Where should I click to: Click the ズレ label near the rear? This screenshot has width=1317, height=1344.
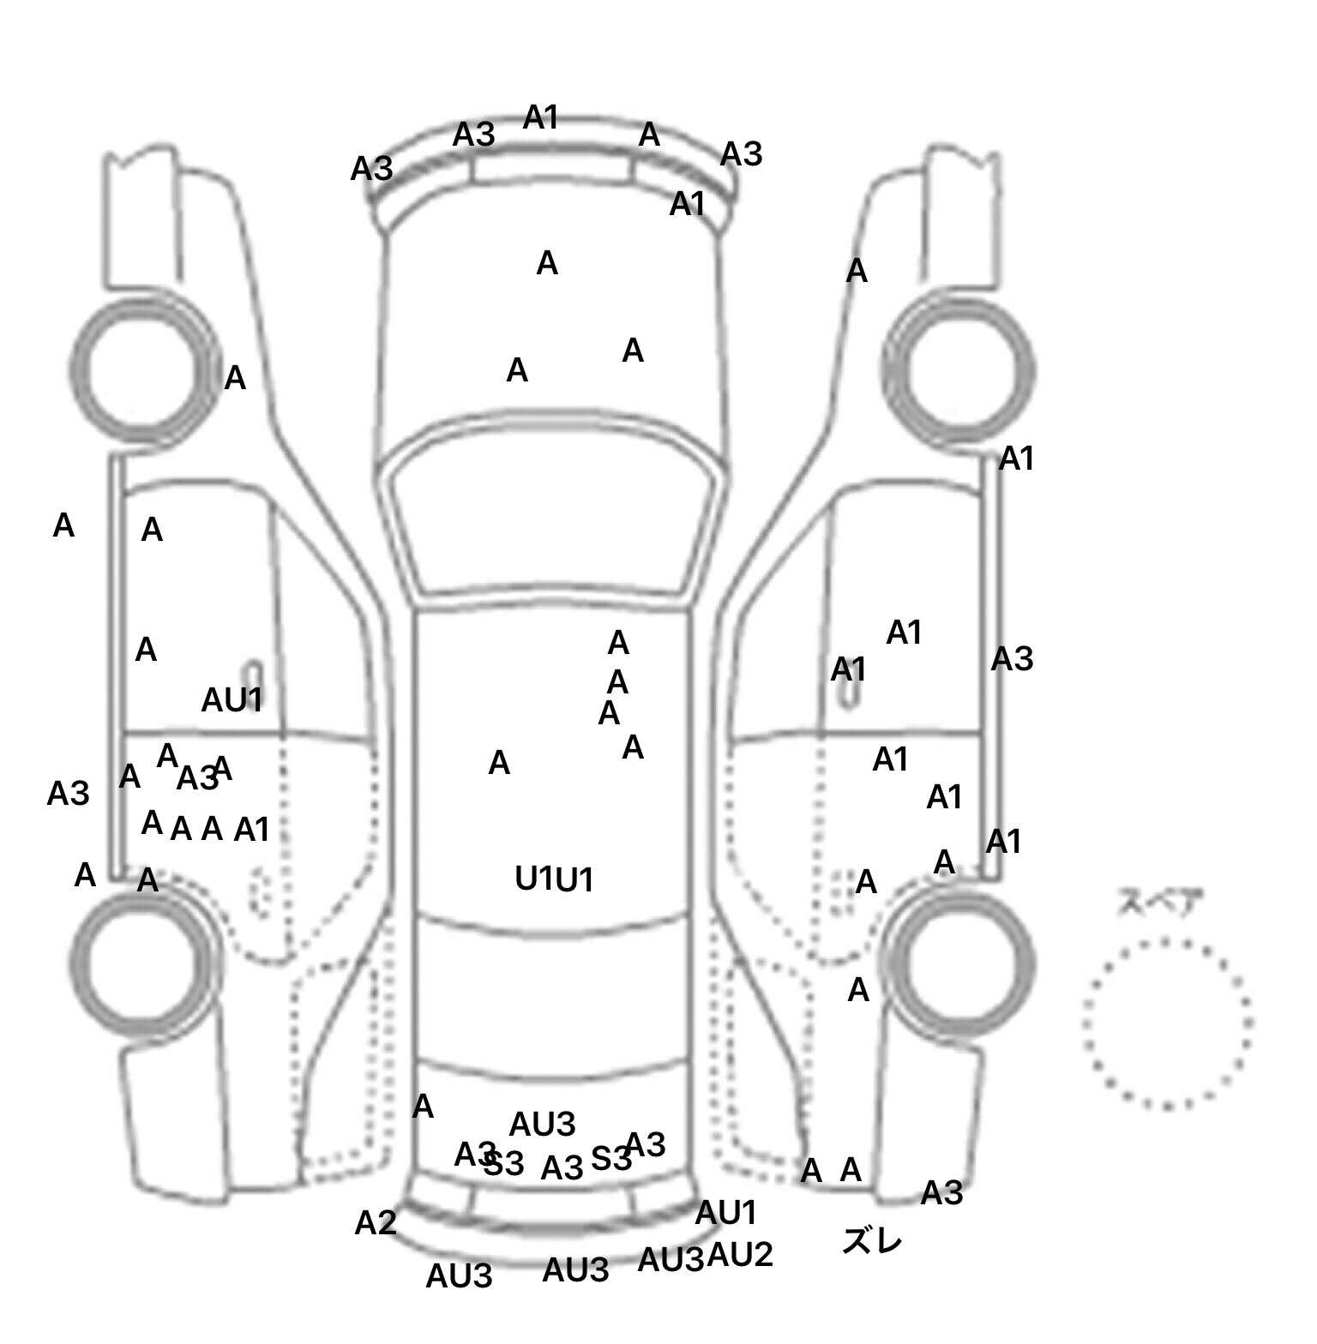click(x=872, y=1240)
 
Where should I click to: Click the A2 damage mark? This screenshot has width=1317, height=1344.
click(x=376, y=1223)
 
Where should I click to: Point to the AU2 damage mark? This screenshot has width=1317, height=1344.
click(x=740, y=1255)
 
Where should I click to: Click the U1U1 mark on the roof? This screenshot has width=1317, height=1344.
click(x=554, y=879)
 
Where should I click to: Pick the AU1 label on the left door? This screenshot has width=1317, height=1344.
click(x=232, y=700)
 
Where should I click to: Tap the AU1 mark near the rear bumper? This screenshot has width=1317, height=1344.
click(x=726, y=1213)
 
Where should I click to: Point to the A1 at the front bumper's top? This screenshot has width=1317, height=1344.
click(x=541, y=117)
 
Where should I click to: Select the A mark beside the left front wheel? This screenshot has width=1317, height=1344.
click(x=235, y=378)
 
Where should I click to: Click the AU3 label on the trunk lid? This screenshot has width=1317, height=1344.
click(x=542, y=1124)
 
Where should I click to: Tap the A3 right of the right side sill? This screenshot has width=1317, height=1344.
click(x=1013, y=659)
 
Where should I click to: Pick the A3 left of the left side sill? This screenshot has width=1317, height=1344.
click(x=68, y=794)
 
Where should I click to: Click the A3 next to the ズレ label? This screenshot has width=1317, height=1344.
click(x=941, y=1192)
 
